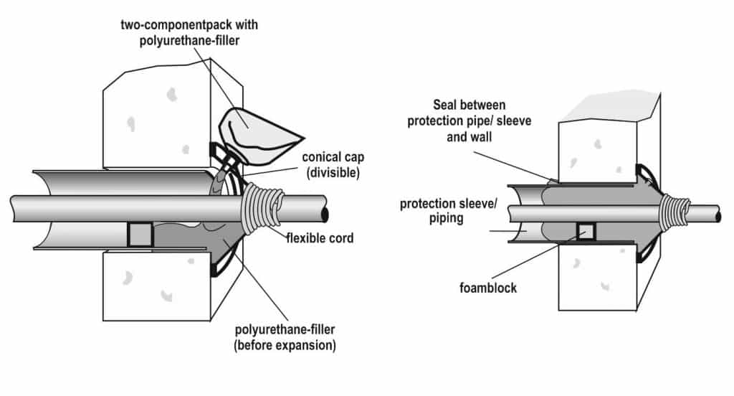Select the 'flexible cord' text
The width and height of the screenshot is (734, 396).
coord(320,237)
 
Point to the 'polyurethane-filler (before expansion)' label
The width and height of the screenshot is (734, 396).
coord(286,338)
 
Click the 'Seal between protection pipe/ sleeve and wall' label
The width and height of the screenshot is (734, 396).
coord(469,122)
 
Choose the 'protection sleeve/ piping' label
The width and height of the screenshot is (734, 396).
coord(448,211)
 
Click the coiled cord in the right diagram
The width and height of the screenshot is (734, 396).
coord(675,213)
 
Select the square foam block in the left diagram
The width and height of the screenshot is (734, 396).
coord(140,235)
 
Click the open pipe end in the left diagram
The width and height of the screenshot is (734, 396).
coord(326,214)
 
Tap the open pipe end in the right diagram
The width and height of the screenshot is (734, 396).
coord(718,214)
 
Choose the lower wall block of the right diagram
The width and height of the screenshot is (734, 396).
coord(595,280)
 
